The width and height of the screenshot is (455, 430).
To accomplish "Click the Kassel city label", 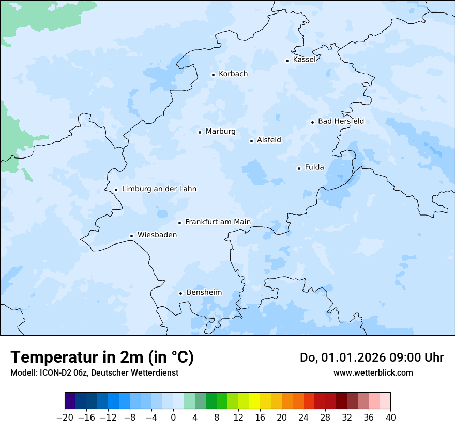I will (304, 60).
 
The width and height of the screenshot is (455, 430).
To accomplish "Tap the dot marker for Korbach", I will (213, 75).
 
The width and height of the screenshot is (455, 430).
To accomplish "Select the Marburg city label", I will (220, 132).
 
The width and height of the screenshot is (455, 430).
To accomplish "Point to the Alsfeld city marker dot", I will (251, 141).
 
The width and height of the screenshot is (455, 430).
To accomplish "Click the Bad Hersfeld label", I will (341, 121).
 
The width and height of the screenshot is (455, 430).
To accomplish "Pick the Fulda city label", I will (314, 167).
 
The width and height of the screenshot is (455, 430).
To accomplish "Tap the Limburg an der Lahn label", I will (159, 189).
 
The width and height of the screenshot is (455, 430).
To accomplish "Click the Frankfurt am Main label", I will (218, 222).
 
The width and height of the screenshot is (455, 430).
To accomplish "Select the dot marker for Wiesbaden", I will (132, 236).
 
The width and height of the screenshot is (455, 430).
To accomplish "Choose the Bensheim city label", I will (204, 292).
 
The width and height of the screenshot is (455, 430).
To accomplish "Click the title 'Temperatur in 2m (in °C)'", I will (102, 357).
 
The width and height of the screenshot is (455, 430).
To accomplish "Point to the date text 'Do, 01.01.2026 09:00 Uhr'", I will (371, 357).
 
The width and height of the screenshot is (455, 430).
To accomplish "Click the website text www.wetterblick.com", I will (373, 372).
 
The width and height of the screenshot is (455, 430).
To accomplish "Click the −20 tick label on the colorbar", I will (65, 418).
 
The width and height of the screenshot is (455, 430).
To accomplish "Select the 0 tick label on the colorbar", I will (173, 418).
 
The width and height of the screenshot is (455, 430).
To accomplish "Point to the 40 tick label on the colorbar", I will (390, 418).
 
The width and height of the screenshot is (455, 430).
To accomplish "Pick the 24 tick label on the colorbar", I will (304, 418).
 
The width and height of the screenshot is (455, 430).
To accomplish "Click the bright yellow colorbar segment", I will (254, 401).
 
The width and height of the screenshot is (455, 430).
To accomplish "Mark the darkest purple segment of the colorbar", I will (70, 401).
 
